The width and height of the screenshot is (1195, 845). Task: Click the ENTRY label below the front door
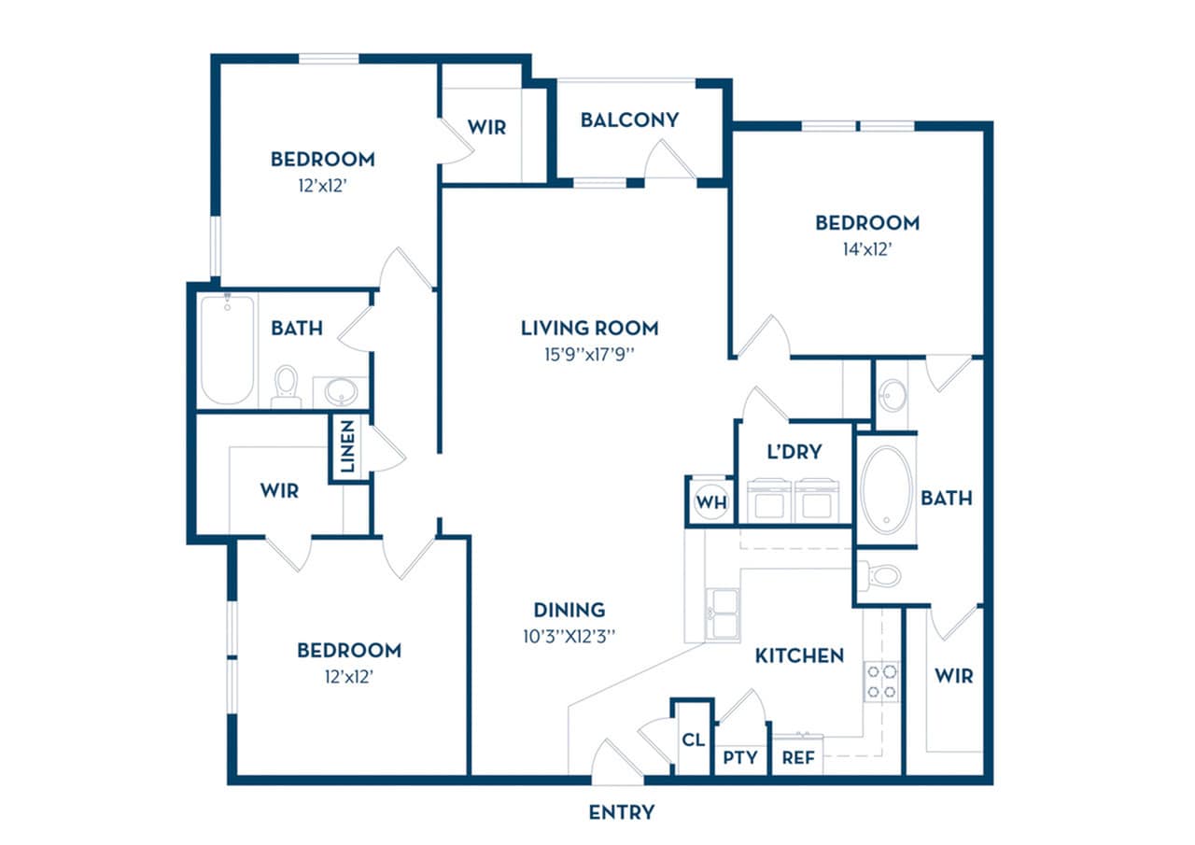[x=621, y=812]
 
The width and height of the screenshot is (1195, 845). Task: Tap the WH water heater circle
[x=711, y=502]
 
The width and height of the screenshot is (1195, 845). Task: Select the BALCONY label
[x=629, y=120]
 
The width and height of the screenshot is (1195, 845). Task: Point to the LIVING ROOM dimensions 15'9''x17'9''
[x=589, y=354]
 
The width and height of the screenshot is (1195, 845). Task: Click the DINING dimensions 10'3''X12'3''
[x=569, y=636]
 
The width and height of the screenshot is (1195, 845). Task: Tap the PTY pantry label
[x=740, y=757]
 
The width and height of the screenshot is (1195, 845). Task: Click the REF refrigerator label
[x=798, y=757]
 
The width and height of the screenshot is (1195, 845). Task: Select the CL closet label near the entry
[x=692, y=740]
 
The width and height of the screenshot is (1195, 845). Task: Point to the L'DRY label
[x=794, y=452]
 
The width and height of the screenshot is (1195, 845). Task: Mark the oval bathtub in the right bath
[x=886, y=489]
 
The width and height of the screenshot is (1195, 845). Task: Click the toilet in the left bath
[x=286, y=386]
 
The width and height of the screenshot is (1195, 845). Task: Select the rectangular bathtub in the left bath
[x=227, y=348]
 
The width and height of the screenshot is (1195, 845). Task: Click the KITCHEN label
[x=799, y=655]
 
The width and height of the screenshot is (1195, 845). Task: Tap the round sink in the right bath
[x=893, y=394]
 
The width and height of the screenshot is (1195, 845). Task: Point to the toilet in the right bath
[x=880, y=575]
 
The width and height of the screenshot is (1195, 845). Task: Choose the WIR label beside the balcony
[x=486, y=127]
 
